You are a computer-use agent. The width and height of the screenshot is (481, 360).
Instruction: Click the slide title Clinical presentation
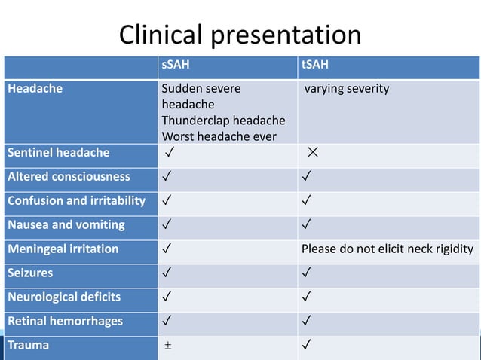tap(240, 35)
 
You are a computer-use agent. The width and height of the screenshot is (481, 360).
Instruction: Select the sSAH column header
tap(176, 66)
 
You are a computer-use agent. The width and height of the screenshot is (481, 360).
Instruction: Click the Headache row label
tap(35, 89)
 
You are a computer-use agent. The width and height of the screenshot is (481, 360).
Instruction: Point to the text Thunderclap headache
tap(223, 121)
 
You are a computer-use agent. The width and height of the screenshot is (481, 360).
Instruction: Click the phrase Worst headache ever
tap(218, 136)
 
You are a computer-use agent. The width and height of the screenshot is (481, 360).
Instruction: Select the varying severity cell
tap(347, 90)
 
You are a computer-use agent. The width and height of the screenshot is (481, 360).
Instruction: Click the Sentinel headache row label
tap(58, 153)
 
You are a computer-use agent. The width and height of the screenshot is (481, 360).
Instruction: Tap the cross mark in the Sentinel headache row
tap(312, 154)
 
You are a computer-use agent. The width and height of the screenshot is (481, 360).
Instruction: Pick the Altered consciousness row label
tap(69, 177)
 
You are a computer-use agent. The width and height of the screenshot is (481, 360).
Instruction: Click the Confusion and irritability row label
tap(76, 201)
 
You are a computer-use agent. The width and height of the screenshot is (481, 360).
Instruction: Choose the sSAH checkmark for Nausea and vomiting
tap(166, 225)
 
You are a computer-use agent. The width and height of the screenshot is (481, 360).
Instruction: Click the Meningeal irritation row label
tap(63, 249)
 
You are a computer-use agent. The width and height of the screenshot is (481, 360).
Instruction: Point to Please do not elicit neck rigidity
tap(388, 249)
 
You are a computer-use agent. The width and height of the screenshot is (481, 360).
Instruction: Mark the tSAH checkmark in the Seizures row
tap(305, 273)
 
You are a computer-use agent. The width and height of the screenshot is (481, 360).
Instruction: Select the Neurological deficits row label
tap(64, 297)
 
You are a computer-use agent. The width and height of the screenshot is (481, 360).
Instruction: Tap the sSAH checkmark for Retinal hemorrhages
tap(166, 322)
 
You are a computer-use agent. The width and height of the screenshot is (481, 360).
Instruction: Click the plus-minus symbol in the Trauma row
tap(169, 346)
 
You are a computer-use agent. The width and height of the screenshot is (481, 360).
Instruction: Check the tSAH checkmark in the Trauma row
tap(305, 346)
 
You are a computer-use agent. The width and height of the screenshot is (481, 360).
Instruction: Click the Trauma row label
tap(28, 345)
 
